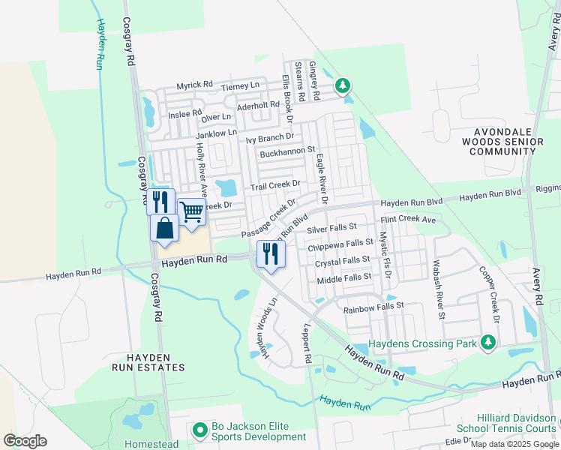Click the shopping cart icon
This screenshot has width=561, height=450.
click(x=192, y=212)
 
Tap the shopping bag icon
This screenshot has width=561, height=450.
click(x=164, y=227)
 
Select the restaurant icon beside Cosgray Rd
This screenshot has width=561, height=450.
click(x=160, y=202)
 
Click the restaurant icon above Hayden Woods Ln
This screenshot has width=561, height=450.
click(x=270, y=253)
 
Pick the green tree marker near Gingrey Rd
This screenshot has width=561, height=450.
click(x=343, y=86)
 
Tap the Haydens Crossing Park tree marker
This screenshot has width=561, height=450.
click(x=489, y=343)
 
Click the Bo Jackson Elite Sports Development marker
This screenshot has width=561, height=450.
click(x=199, y=430)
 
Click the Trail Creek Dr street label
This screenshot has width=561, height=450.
click(x=275, y=184)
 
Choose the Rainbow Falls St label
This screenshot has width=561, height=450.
click(x=373, y=307)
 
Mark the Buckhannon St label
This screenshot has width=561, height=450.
click(x=286, y=152)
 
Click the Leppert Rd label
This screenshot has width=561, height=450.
click(x=307, y=344)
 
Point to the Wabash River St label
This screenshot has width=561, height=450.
click(x=438, y=289)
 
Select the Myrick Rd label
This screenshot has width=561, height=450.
click(x=195, y=85)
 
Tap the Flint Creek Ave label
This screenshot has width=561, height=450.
click(x=408, y=220)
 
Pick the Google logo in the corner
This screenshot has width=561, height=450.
click(x=25, y=441)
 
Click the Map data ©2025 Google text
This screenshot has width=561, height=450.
click(x=514, y=444)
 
